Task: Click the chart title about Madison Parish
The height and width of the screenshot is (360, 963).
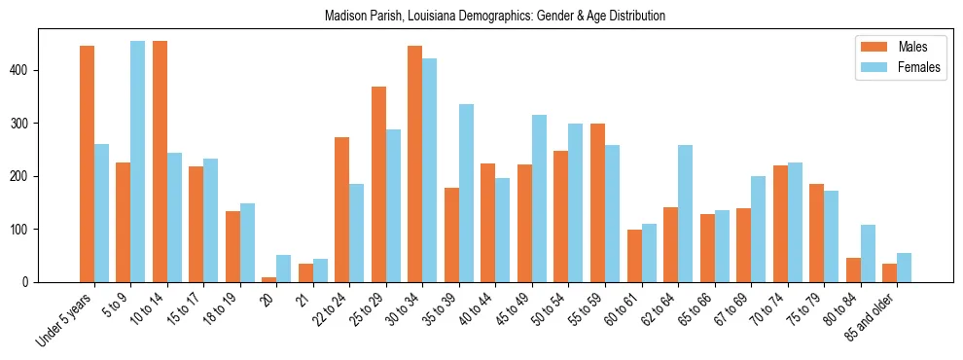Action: (x=481, y=16)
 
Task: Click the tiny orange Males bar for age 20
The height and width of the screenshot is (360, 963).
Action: (x=269, y=279)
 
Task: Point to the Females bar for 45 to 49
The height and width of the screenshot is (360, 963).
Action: (x=540, y=198)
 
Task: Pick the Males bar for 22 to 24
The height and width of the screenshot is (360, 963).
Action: (x=342, y=209)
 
